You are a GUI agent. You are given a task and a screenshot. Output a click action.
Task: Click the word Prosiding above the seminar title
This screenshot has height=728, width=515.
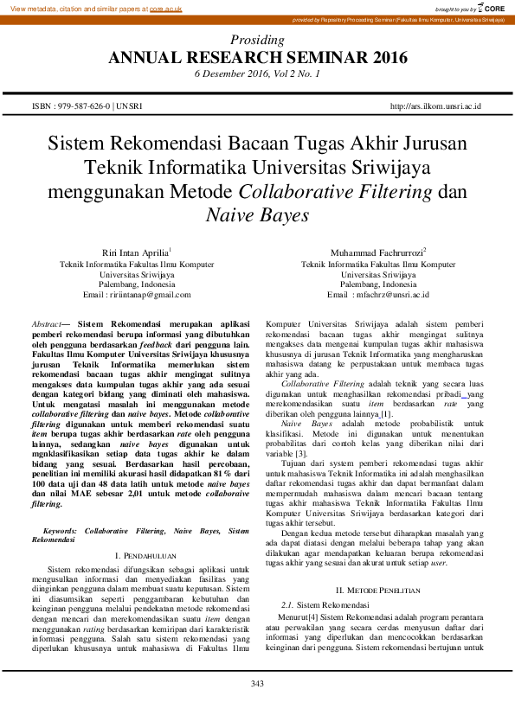point(257,41)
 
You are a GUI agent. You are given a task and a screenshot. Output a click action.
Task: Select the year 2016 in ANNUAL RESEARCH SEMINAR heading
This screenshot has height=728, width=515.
point(383,58)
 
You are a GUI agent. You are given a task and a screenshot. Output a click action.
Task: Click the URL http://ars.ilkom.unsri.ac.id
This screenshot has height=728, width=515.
point(435,106)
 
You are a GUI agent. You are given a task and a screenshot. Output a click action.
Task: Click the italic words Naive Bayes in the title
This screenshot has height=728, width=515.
point(257,212)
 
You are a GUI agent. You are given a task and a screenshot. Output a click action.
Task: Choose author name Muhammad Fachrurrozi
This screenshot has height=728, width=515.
point(376,252)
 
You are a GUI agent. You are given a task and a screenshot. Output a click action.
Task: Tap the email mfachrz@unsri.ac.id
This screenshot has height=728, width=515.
point(389,295)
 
